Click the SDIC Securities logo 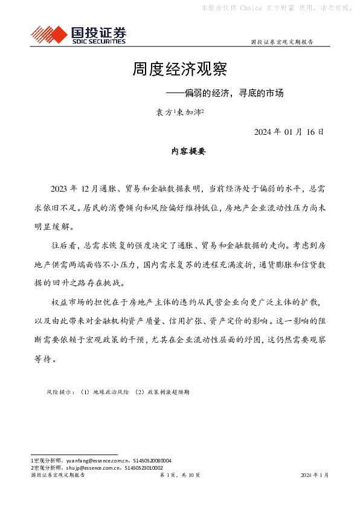point(79,34)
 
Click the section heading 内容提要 point(188,152)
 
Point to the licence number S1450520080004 point(150,460)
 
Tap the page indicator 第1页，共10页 point(179,475)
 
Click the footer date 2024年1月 point(315,475)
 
